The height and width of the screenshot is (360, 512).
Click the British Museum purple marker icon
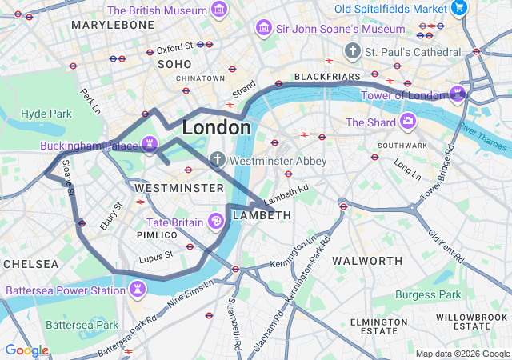coord(219,10)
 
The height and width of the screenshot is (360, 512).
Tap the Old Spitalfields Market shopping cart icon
coord(458,8)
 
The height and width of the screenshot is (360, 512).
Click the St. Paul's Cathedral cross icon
coord(352,51)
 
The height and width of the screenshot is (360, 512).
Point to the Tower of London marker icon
coord(458,95)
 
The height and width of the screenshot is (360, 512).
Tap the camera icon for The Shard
coord(408,122)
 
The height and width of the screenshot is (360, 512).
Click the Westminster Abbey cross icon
coord(217,161)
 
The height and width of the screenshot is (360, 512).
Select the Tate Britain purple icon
coord(215,221)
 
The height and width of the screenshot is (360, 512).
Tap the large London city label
coord(216,127)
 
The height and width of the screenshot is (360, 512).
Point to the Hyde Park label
coord(46,114)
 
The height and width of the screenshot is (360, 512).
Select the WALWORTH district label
coord(367,261)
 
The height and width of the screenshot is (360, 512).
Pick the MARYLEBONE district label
coord(112,26)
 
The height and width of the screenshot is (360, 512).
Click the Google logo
coord(26,350)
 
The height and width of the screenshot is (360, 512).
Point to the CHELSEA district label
coord(30,264)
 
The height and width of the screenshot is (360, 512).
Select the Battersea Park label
coord(82,325)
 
